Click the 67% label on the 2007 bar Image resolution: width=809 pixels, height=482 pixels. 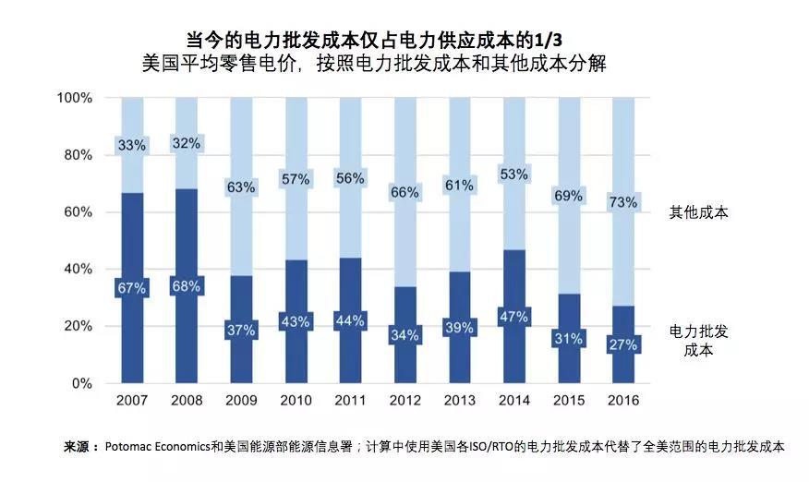[x=132, y=288]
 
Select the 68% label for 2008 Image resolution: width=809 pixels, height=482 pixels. [x=187, y=285]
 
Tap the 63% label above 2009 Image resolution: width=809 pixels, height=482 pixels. [x=241, y=187]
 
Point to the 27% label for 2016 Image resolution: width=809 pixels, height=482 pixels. [x=623, y=345]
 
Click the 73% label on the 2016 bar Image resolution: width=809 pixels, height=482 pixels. [x=623, y=202]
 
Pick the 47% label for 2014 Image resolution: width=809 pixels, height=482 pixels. [x=514, y=317]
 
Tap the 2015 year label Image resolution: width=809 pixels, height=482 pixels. [x=569, y=401]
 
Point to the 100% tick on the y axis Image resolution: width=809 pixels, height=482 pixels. [x=74, y=98]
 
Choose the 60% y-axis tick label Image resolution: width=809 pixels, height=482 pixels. [x=78, y=212]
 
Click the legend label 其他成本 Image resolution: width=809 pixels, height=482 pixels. [x=699, y=212]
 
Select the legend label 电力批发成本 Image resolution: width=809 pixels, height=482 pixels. [x=699, y=341]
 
